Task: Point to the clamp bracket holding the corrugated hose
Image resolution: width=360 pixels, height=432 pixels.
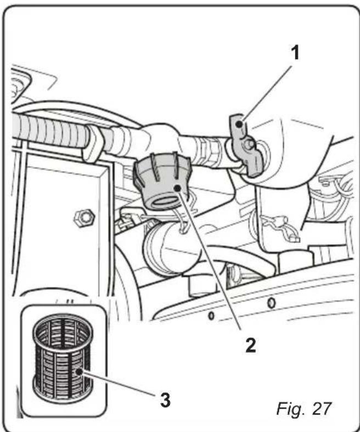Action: pos(94,144)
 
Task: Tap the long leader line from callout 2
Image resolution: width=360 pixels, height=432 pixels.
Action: pos(213,263)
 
